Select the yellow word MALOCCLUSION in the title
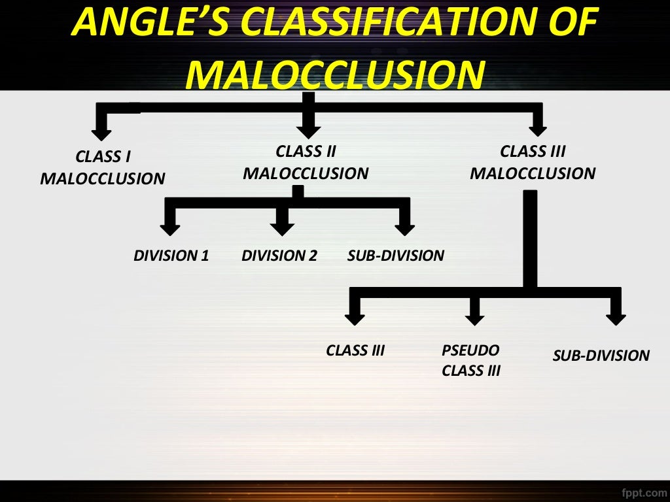(335, 73)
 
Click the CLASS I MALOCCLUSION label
(103, 168)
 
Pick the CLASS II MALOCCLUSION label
(306, 163)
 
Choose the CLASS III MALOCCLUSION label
(533, 163)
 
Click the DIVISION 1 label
(171, 256)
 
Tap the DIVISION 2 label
(279, 256)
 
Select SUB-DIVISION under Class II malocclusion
(396, 256)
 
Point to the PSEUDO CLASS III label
(471, 360)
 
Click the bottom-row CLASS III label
(355, 351)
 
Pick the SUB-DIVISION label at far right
(601, 356)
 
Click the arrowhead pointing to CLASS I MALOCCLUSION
(101, 133)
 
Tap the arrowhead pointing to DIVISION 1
(170, 228)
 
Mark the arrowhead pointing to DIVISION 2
(282, 228)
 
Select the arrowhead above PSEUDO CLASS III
(475, 318)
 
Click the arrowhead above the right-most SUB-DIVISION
(616, 318)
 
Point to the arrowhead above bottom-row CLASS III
(355, 318)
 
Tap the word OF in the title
(576, 25)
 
